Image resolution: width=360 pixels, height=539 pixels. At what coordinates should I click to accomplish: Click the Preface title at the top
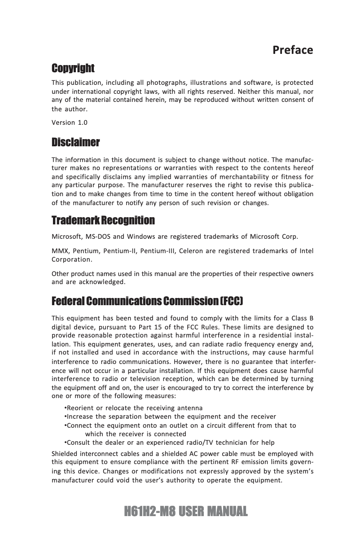click(293, 50)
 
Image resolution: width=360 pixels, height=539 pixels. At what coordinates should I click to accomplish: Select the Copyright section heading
click(73, 69)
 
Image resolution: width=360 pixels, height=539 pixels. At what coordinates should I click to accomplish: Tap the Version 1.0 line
click(70, 123)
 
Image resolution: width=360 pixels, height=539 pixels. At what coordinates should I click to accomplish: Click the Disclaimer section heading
click(75, 143)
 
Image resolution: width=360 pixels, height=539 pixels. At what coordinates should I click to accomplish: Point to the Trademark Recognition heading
click(103, 221)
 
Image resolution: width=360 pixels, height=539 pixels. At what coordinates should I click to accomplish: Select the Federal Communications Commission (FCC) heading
click(148, 300)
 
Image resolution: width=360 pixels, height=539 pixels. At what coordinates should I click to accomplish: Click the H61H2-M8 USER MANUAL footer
click(180, 511)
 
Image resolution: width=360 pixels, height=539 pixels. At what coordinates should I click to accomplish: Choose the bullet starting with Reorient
click(134, 408)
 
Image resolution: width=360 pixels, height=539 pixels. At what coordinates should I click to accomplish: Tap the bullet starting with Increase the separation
click(171, 416)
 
